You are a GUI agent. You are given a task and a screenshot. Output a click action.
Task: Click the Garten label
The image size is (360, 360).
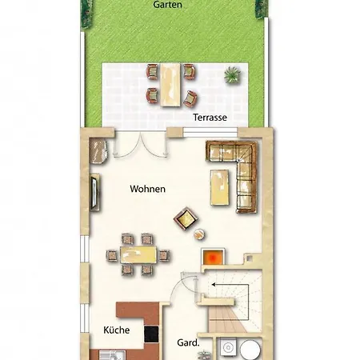pos(167,5)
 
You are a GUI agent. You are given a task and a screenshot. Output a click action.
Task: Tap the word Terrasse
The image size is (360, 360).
pos(210,118)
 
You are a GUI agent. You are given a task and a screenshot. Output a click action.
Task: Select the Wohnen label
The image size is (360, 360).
pos(148,189)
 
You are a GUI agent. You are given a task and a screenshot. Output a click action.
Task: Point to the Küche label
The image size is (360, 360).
pos(117,330)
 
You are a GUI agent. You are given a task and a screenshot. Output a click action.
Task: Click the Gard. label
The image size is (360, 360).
pos(188,342)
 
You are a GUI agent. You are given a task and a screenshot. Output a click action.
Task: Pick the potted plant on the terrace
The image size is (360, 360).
pos(232,74)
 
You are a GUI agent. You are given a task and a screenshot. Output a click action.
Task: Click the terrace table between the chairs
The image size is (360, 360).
pos(170,85)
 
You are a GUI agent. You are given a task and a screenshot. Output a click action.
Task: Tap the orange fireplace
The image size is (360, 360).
pos(213,257)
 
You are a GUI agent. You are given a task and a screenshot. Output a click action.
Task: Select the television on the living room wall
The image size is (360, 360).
pos(94,192)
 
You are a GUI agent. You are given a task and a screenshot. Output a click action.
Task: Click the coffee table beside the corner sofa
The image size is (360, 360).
pos(220,187)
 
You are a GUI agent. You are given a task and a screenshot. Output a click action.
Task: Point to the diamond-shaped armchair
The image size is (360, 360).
pos(186,218)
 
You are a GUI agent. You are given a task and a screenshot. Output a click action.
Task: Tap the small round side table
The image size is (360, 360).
pos(199,234)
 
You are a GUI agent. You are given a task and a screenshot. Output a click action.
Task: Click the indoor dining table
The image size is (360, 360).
pos(138,255)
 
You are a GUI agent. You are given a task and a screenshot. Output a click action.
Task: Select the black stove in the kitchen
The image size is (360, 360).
pos(151,334)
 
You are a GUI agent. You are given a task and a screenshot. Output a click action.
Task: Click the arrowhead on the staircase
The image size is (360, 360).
pos(214,285)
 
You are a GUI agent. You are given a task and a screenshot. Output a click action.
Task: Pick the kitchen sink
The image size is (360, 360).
pos(112,355)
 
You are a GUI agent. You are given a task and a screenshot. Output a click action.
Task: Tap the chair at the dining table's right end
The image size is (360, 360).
pos(164,255)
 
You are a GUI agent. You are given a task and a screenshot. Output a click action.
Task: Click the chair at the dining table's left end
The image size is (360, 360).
pos(112,255)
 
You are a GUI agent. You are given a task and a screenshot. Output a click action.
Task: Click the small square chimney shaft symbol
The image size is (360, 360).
pos(250,258)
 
